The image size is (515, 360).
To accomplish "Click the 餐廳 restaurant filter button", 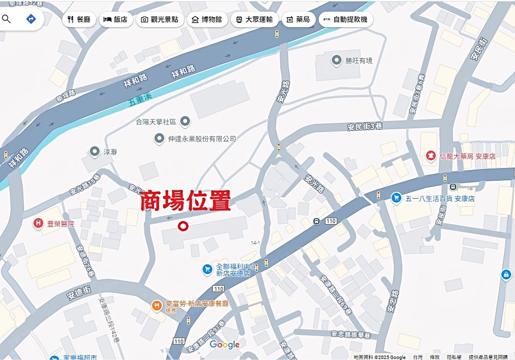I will click(78, 20).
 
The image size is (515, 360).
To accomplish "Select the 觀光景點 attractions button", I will click(160, 20).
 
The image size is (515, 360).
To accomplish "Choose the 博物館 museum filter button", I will click(207, 20).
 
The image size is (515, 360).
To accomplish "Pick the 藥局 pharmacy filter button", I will click(298, 20).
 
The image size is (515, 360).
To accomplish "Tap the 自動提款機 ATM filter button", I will click(346, 20).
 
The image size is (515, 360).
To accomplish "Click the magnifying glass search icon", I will click(7, 19).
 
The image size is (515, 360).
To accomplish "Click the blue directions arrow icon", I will click(31, 19).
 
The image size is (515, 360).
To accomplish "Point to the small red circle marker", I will click(182, 226).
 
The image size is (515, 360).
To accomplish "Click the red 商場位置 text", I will click(185, 201).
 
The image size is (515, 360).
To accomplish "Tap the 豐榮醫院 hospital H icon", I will click(38, 224).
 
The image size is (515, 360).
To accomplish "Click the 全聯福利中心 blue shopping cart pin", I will click(207, 269).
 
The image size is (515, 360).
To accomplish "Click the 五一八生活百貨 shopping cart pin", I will click(396, 197).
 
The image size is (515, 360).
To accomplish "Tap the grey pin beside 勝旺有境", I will click(337, 60).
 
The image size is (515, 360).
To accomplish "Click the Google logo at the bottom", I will click(225, 345).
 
